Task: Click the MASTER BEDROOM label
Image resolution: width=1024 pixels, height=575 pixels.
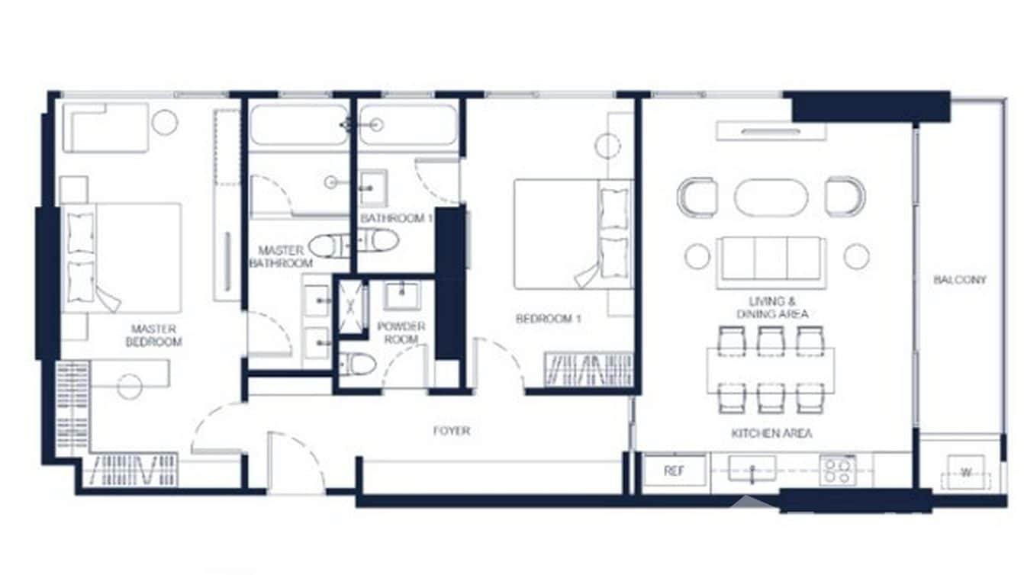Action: tap(153, 336)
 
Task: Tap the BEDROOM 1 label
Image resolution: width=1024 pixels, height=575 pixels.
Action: tap(548, 319)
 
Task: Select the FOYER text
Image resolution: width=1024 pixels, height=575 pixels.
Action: tap(452, 431)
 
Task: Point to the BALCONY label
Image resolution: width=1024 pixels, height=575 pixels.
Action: tap(960, 280)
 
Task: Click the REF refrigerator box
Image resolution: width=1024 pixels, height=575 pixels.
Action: tap(674, 471)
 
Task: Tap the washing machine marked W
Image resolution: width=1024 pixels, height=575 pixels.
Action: tap(966, 473)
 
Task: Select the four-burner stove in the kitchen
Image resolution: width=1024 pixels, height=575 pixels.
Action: tap(837, 471)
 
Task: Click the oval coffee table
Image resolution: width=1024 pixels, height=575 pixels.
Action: tap(771, 198)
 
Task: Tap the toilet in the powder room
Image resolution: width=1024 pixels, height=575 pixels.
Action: tap(357, 365)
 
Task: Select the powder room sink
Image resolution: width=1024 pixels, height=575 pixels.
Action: tap(401, 296)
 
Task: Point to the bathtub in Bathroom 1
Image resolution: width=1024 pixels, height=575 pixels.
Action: tap(408, 126)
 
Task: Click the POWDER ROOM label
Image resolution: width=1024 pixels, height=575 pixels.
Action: tap(401, 332)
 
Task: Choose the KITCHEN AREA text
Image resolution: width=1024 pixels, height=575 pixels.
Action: tap(771, 433)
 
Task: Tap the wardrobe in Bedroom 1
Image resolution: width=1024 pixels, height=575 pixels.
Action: tap(588, 370)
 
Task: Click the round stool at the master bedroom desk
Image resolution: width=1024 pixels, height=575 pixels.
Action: tap(129, 387)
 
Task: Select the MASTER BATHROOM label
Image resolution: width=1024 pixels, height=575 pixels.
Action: tap(281, 256)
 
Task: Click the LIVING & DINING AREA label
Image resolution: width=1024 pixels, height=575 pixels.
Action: tap(772, 308)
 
